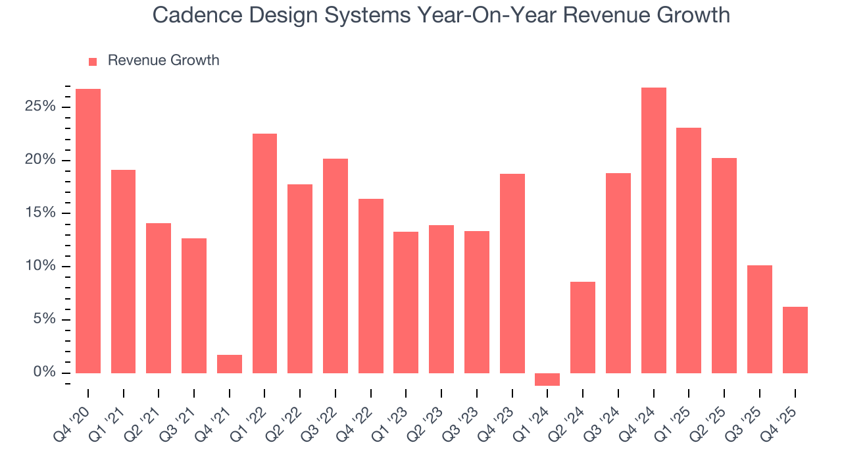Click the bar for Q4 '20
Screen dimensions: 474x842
pos(88,230)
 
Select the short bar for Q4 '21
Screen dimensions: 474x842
pos(230,364)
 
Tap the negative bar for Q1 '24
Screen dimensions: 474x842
pos(547,379)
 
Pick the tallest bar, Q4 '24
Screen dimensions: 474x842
pos(653,230)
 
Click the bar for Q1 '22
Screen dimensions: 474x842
pos(264,253)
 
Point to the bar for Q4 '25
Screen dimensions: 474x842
pos(795,340)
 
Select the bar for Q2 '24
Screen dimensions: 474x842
pos(583,327)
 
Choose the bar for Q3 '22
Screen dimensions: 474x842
pos(335,266)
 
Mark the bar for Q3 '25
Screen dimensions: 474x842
pos(759,319)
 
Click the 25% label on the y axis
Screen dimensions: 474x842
pos(40,107)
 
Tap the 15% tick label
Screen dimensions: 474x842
pos(40,213)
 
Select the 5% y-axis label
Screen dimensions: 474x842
pos(44,320)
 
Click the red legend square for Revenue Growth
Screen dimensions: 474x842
pos(93,61)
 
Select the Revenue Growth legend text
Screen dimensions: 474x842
pos(163,61)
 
